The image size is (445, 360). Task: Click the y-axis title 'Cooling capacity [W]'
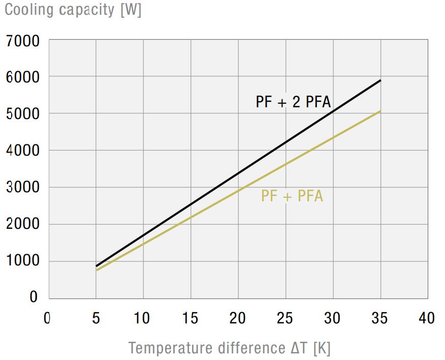click(73, 10)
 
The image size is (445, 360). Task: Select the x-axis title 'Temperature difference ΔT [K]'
click(230, 348)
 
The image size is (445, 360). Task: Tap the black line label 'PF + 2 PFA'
click(293, 102)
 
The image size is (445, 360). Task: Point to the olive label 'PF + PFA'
click(292, 196)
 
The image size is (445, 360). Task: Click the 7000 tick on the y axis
click(22, 41)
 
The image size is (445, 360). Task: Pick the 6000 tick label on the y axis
click(22, 78)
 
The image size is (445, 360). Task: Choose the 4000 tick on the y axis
click(22, 152)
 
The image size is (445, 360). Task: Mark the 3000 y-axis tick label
click(22, 188)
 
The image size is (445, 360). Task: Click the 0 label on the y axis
click(34, 297)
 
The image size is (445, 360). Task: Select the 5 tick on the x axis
click(96, 318)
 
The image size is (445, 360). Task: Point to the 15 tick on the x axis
click(190, 318)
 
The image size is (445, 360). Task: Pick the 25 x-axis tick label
click(285, 318)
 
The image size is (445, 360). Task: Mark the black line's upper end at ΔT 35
click(380, 80)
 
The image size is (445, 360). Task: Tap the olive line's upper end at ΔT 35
click(380, 111)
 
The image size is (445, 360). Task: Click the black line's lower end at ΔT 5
click(97, 266)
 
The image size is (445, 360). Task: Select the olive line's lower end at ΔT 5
click(97, 270)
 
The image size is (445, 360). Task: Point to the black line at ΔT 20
click(238, 173)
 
